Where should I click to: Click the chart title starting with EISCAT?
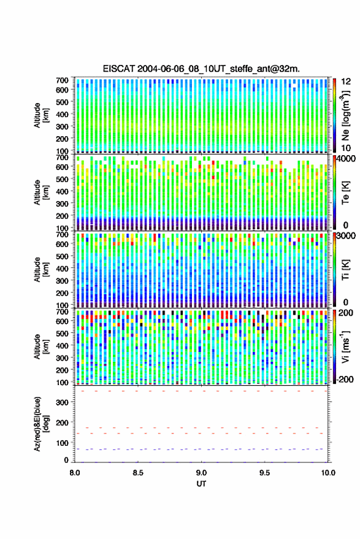click(201, 69)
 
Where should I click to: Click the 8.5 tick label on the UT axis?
click(137, 473)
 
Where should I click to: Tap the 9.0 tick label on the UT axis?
click(201, 473)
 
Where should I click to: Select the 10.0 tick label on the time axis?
click(328, 473)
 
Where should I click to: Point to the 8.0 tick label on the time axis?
click(75, 473)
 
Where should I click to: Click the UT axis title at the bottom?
click(201, 484)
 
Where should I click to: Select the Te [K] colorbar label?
click(345, 193)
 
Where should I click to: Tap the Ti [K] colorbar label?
click(345, 270)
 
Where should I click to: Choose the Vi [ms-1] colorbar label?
click(345, 346)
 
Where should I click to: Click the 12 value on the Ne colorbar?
click(347, 82)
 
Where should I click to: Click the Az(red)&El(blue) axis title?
click(42, 424)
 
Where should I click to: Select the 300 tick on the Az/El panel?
click(62, 402)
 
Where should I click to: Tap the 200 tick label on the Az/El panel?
click(62, 422)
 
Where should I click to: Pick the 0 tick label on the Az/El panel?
click(66, 460)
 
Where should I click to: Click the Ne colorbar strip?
click(335, 115)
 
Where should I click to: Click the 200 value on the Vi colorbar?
click(345, 313)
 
